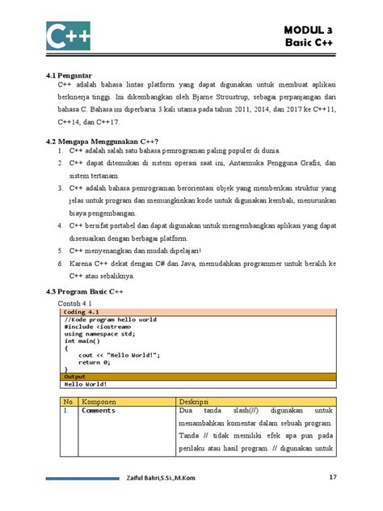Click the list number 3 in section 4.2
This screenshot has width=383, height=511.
(x=62, y=186)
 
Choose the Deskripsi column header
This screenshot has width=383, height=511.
(x=194, y=400)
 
